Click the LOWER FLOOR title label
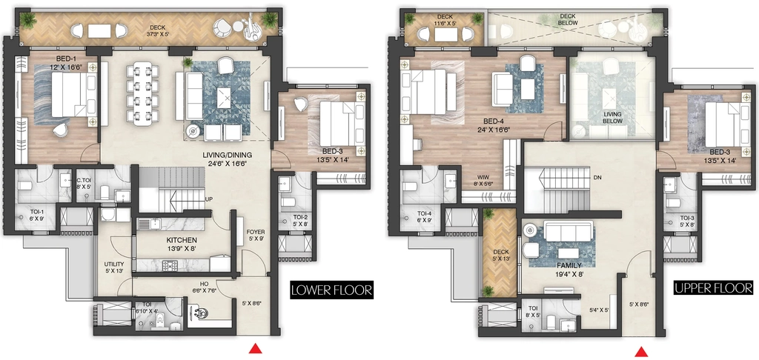coord(331,290)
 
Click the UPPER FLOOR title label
coord(714,288)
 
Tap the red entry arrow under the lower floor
coord(255,348)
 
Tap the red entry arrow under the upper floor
coord(642,352)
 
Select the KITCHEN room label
coord(182,240)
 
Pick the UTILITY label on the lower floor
coord(114,264)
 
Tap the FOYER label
coord(255,232)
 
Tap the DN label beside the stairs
coord(598,178)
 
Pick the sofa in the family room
coord(569,230)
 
